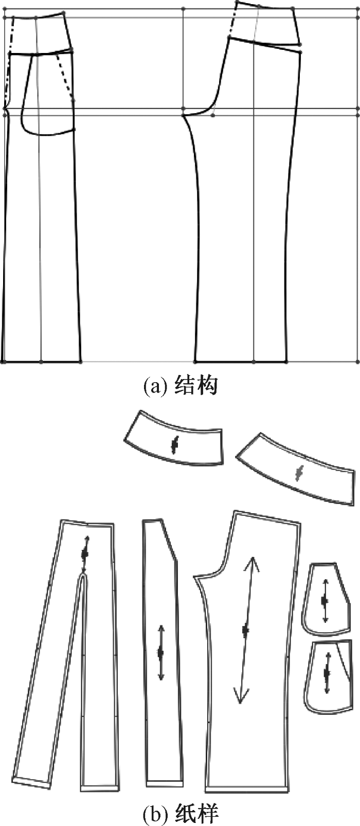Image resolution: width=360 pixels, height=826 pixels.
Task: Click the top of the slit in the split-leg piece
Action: click(84, 577)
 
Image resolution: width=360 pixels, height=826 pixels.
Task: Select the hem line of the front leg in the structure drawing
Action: click(42, 362)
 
